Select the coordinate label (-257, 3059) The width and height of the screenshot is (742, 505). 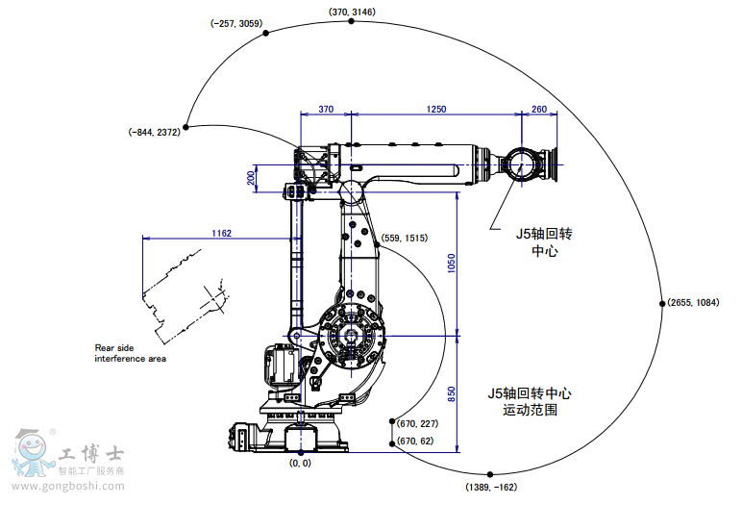pos(236,22)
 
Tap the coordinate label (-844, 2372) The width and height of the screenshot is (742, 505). pos(154,133)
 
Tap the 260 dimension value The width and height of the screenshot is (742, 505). pos(538,110)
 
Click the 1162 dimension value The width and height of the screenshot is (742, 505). pos(221,233)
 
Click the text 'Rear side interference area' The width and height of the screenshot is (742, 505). pos(130,353)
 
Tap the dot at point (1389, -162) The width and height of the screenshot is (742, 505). pos(490,474)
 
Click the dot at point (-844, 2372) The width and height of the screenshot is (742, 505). pos(188,126)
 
